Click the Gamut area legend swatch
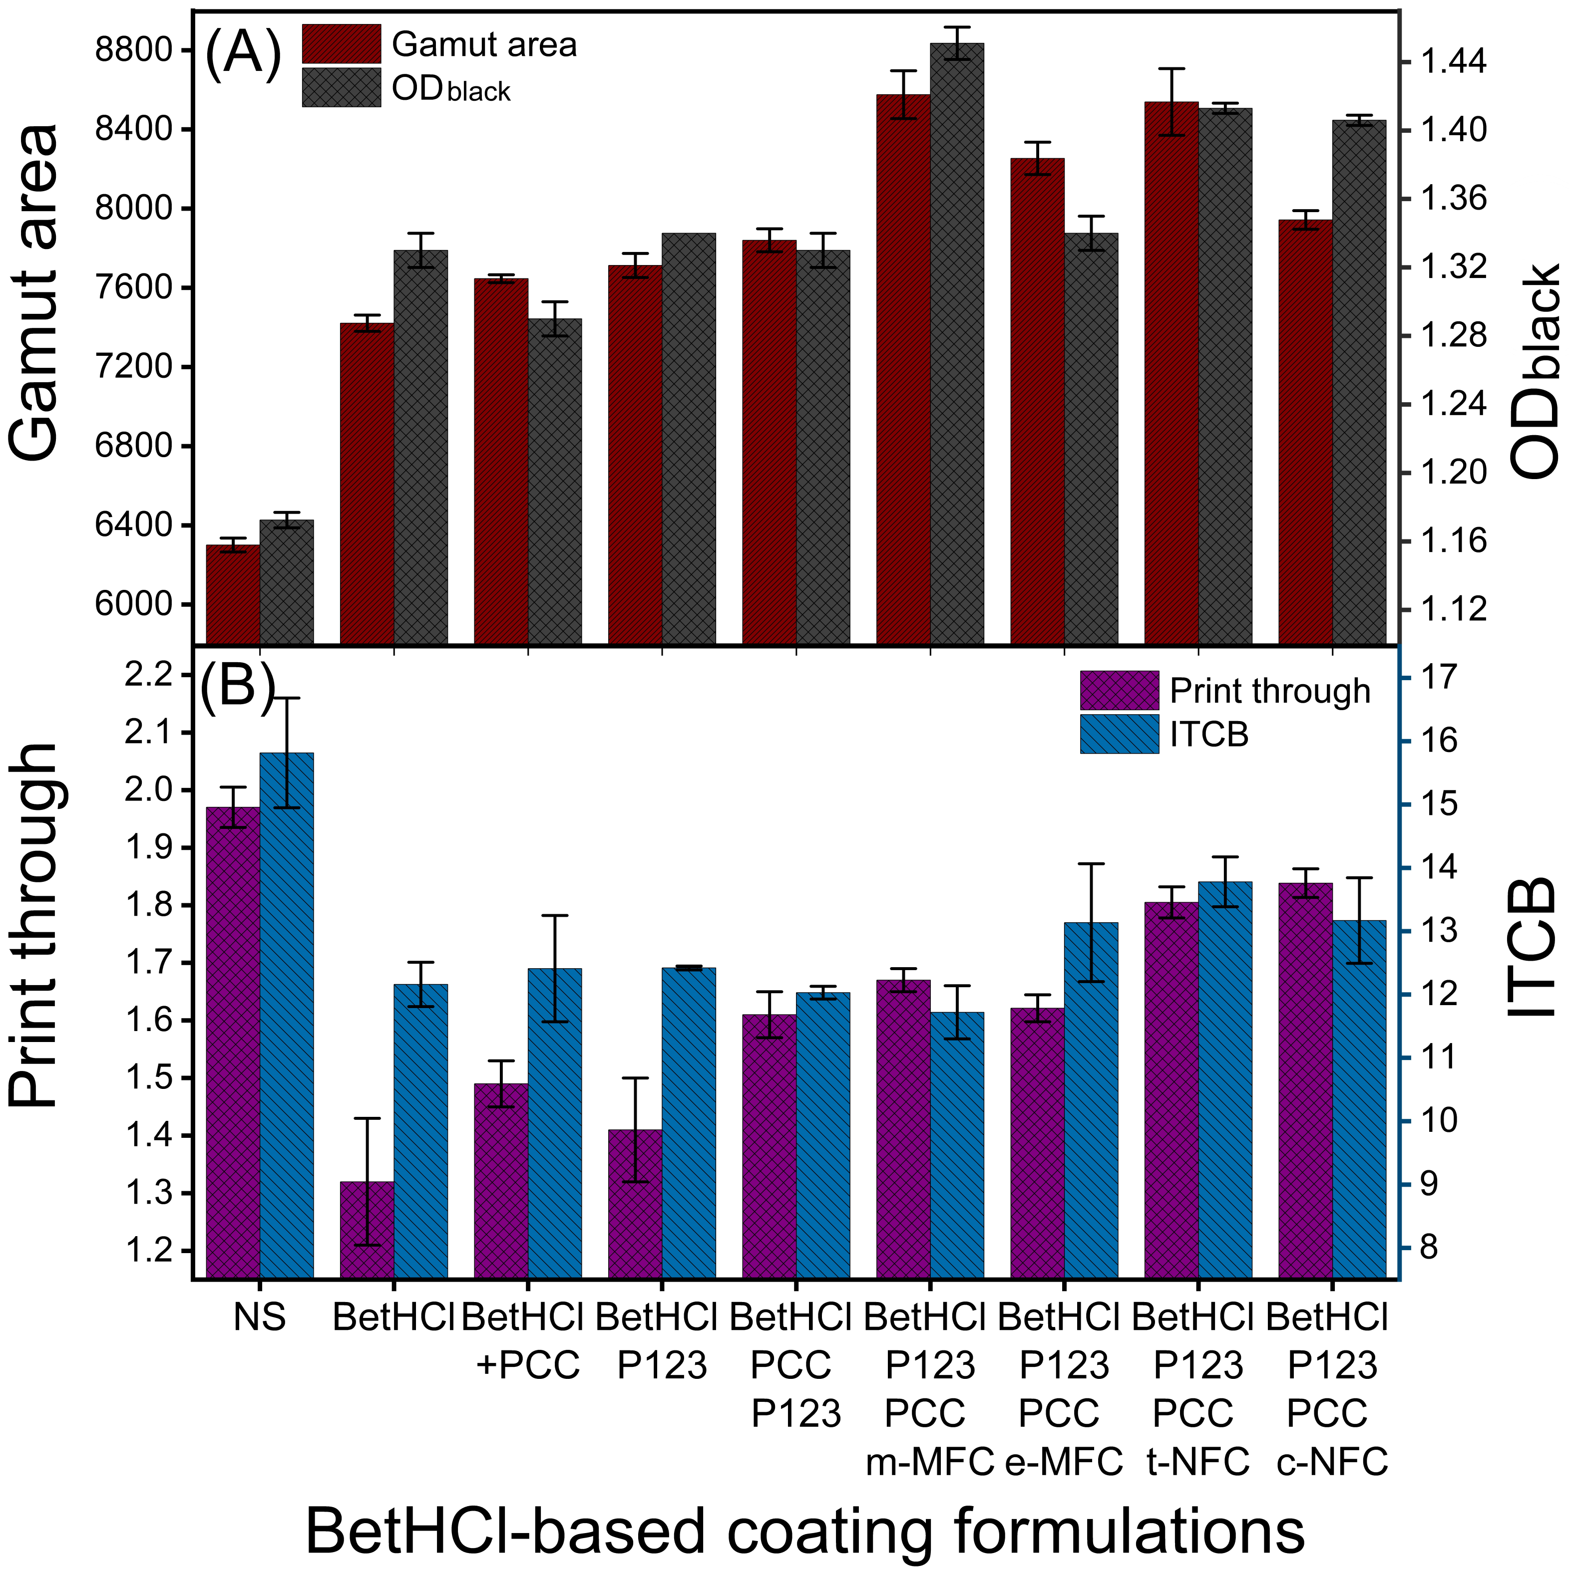341,44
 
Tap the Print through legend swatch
1118,691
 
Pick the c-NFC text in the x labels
1332,1462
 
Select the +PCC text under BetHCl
528,1365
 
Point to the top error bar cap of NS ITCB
287,698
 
